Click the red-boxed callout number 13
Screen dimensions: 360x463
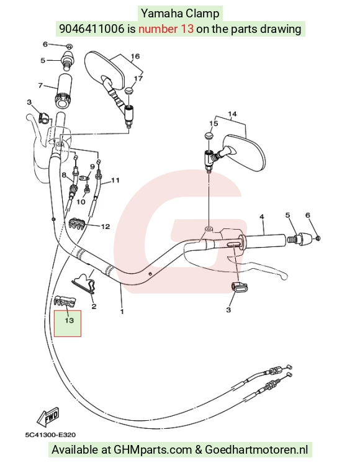[69, 320]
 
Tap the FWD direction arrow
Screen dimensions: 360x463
[48, 416]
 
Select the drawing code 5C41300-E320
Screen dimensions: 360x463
[50, 434]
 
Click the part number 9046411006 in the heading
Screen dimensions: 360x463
[92, 29]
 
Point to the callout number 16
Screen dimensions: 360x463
[135, 56]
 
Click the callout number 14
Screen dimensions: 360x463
[232, 114]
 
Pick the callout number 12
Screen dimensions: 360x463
[106, 227]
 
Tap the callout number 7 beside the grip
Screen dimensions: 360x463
[40, 85]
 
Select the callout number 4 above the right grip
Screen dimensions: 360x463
[262, 217]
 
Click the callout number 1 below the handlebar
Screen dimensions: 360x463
[122, 311]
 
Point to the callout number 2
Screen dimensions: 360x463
[94, 307]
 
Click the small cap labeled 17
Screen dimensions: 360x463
[128, 91]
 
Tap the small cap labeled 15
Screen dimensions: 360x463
[209, 136]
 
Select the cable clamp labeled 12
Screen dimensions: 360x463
[78, 224]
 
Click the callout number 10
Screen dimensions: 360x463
[81, 202]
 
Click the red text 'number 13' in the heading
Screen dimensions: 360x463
[166, 29]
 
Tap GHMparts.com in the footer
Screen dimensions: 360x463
[153, 450]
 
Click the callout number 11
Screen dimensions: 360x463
[115, 180]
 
